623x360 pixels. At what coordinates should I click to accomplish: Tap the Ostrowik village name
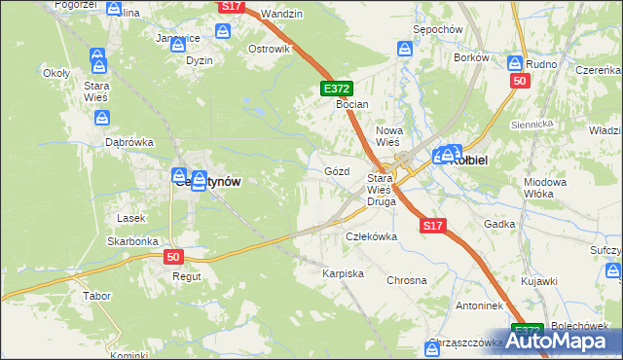[270, 49]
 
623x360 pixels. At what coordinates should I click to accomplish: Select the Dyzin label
[200, 59]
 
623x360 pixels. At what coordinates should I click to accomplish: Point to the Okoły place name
[55, 72]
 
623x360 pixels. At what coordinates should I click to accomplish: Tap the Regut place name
[186, 276]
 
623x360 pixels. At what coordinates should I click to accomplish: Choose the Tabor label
[96, 295]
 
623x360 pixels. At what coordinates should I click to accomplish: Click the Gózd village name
[336, 170]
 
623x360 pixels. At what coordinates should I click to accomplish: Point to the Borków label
[471, 57]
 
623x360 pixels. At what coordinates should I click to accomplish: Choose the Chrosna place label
[407, 280]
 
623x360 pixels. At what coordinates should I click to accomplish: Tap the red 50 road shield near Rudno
[519, 81]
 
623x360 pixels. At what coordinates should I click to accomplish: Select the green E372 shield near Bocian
[333, 89]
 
